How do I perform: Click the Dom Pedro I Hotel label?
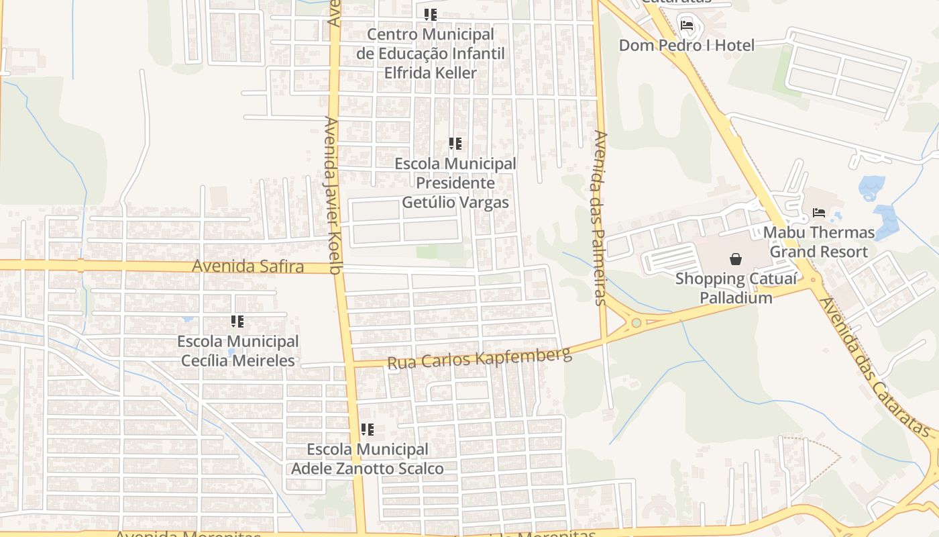pyautogui.click(x=686, y=45)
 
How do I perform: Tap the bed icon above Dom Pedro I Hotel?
pyautogui.click(x=687, y=26)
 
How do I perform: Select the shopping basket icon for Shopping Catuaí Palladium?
pyautogui.click(x=736, y=258)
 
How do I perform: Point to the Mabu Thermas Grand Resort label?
pyautogui.click(x=819, y=242)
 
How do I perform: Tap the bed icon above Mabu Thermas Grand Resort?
pyautogui.click(x=819, y=213)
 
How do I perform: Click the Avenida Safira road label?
pyautogui.click(x=247, y=266)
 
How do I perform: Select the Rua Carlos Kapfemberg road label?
pyautogui.click(x=479, y=358)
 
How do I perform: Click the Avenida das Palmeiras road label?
pyautogui.click(x=600, y=217)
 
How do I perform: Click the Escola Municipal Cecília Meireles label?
pyautogui.click(x=237, y=351)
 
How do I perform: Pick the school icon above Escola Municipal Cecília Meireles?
pyautogui.click(x=237, y=322)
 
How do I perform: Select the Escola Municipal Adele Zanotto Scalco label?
pyautogui.click(x=367, y=458)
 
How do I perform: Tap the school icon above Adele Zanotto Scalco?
pyautogui.click(x=367, y=429)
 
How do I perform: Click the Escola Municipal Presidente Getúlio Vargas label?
pyautogui.click(x=455, y=183)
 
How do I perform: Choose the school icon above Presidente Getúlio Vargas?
pyautogui.click(x=455, y=144)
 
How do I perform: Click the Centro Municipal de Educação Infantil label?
pyautogui.click(x=430, y=53)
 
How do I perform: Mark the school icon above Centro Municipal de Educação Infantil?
pyautogui.click(x=430, y=14)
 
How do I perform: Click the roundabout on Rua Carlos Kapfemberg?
pyautogui.click(x=635, y=324)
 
